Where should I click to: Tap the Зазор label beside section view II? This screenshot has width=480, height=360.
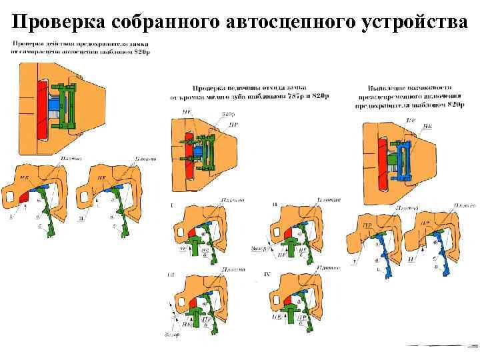[x=259, y=248]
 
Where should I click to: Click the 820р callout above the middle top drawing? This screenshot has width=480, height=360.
[x=227, y=113]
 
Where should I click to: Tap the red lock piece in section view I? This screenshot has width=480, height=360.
[x=193, y=233]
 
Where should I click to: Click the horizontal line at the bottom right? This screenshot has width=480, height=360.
[x=440, y=346]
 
